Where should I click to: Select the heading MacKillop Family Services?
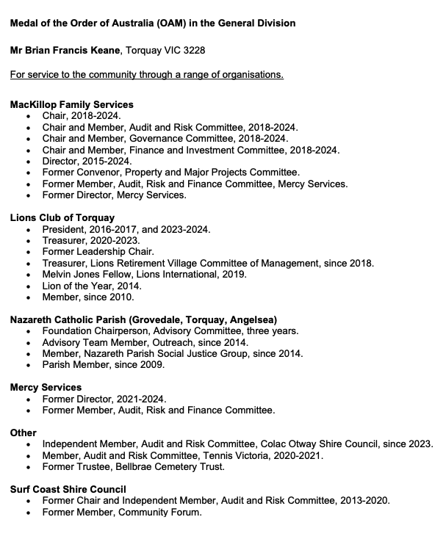71,105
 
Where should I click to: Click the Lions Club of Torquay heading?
62,218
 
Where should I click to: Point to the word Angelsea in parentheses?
253,319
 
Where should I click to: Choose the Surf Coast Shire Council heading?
68,489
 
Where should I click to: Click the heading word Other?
24,433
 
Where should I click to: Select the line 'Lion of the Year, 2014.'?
92,286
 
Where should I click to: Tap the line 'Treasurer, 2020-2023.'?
91,240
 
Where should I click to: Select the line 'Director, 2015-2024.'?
87,162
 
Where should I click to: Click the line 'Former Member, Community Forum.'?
121,512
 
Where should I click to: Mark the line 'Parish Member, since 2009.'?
104,364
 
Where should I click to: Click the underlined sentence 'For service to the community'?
147,75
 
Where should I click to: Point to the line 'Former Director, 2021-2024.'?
104,399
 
